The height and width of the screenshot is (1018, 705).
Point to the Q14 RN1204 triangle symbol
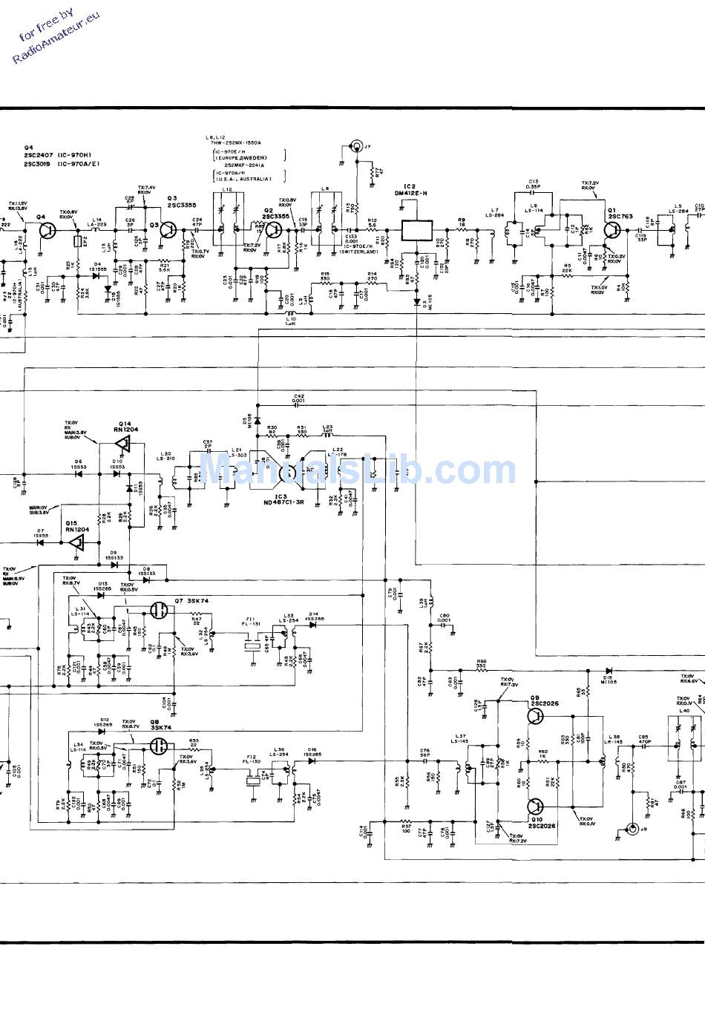point(123,444)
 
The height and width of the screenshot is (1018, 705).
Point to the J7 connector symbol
point(357,146)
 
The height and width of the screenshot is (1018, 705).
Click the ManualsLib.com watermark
point(356,470)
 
